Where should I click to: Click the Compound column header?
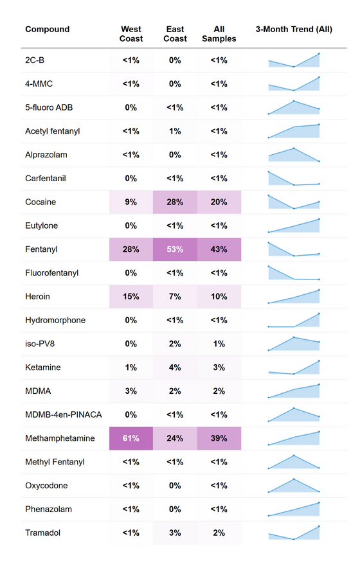[47, 30]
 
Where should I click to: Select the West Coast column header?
[131, 34]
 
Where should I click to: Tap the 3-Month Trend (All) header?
[294, 30]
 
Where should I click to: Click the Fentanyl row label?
[42, 249]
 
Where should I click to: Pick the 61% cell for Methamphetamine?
[131, 438]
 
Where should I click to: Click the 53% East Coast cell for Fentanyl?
[175, 249]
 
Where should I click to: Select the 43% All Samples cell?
[219, 249]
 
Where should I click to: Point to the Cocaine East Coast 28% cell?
[175, 202]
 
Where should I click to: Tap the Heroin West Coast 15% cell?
[131, 297]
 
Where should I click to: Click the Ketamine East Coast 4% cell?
[175, 367]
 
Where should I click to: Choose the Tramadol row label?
[43, 533]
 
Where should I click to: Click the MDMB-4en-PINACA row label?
[63, 414]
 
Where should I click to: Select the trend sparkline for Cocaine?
[294, 202]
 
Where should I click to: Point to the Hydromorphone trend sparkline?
[294, 320]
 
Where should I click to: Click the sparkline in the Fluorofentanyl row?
[294, 273]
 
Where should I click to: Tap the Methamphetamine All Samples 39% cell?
[219, 438]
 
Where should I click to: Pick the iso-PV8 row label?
[41, 344]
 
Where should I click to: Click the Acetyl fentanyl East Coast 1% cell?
[175, 131]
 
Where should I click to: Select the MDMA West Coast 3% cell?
[131, 391]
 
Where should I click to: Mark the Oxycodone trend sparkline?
[294, 486]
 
